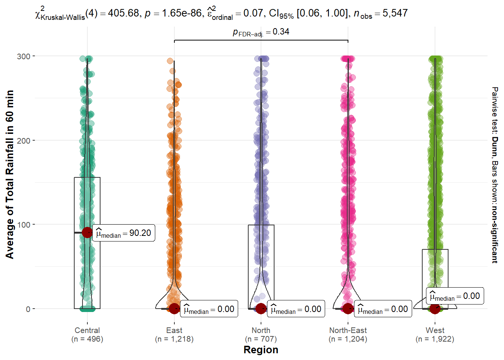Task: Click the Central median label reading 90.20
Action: pyautogui.click(x=124, y=233)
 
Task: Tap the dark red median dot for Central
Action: pyautogui.click(x=87, y=232)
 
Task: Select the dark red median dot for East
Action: pyautogui.click(x=174, y=309)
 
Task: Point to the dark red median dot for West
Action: pyautogui.click(x=435, y=309)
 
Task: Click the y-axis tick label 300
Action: pyautogui.click(x=24, y=56)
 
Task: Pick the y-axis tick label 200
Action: pyautogui.click(x=24, y=141)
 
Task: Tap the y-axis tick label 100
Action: pyautogui.click(x=24, y=225)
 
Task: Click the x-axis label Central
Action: pyautogui.click(x=87, y=330)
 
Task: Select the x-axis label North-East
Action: pyautogui.click(x=348, y=330)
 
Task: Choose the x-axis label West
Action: pyautogui.click(x=435, y=330)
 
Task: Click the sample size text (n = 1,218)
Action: pyautogui.click(x=174, y=339)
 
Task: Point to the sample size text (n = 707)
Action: pyautogui.click(x=261, y=339)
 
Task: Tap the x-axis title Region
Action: pyautogui.click(x=261, y=350)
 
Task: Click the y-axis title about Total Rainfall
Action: pyautogui.click(x=10, y=174)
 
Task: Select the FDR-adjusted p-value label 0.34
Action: pyautogui.click(x=281, y=32)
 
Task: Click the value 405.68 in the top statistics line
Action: pyautogui.click(x=123, y=13)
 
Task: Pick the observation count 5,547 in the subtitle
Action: pyautogui.click(x=395, y=13)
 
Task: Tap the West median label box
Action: pyautogui.click(x=455, y=296)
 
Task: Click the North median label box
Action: pyautogui.click(x=296, y=309)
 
